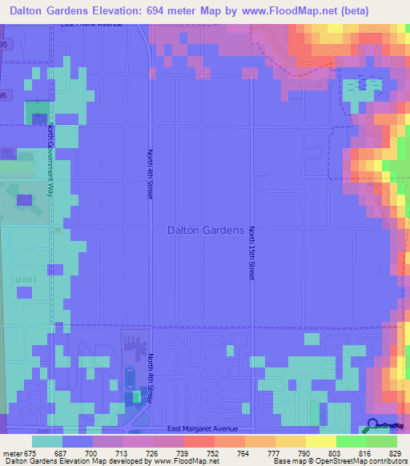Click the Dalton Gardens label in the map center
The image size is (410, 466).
point(205,230)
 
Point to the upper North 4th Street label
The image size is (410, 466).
point(150,175)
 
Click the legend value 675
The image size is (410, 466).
point(30,453)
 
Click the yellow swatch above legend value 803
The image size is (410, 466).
point(321,441)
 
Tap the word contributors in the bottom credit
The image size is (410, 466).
point(387,462)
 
